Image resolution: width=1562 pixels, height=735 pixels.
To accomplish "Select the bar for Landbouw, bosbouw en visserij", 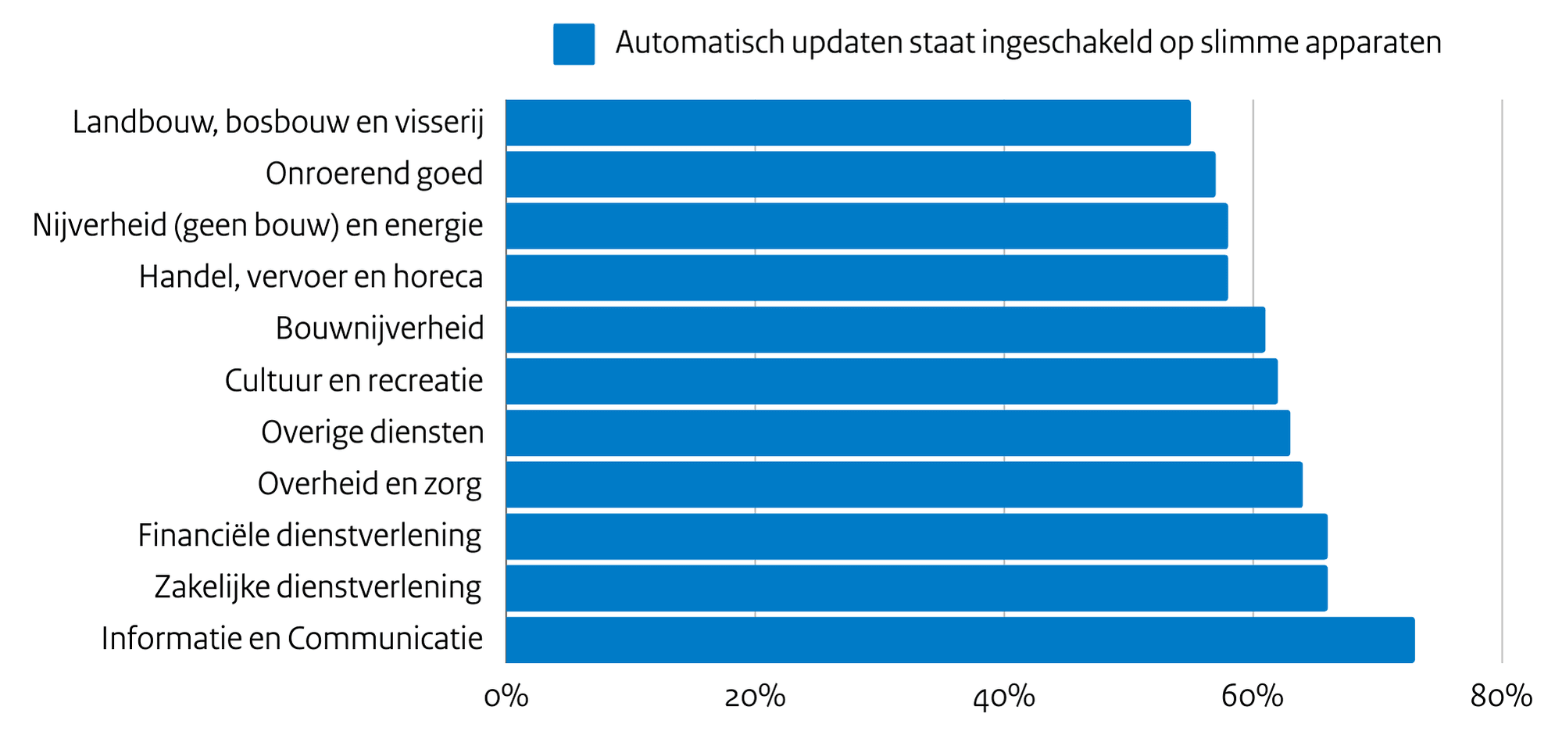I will pyautogui.click(x=848, y=123).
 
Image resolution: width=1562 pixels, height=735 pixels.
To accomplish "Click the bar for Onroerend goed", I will pyautogui.click(x=860, y=174).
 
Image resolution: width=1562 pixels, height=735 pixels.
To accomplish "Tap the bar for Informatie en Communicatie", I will pyautogui.click(x=960, y=640).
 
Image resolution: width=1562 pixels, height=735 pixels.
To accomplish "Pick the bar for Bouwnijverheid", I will pyautogui.click(x=885, y=329).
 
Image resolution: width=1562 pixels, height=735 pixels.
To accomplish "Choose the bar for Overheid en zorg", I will pyautogui.click(x=903, y=485).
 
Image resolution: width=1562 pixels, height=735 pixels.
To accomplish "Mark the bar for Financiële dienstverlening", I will pyautogui.click(x=916, y=536).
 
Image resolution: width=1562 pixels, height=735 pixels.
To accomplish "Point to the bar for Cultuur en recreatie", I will pyautogui.click(x=891, y=382).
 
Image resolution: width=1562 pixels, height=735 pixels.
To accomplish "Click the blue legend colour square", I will pyautogui.click(x=574, y=44).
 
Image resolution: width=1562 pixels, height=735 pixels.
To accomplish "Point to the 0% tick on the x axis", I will pyautogui.click(x=506, y=697).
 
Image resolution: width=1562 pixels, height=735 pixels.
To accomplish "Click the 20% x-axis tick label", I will pyautogui.click(x=755, y=697).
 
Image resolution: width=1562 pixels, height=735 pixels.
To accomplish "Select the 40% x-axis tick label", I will pyautogui.click(x=1004, y=697).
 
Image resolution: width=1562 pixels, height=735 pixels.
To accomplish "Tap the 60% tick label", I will pyautogui.click(x=1253, y=697).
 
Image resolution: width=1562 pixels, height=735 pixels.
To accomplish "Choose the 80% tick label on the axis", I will pyautogui.click(x=1501, y=697).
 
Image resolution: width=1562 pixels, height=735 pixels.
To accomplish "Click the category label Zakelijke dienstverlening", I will pyautogui.click(x=318, y=587).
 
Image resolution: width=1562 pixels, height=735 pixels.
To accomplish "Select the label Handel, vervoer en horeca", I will pyautogui.click(x=311, y=278).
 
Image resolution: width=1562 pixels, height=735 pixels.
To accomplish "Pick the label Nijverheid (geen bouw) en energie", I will pyautogui.click(x=258, y=226).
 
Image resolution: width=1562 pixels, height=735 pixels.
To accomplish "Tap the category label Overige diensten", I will pyautogui.click(x=373, y=432).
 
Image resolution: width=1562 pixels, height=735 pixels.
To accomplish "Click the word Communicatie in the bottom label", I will pyautogui.click(x=385, y=639).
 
